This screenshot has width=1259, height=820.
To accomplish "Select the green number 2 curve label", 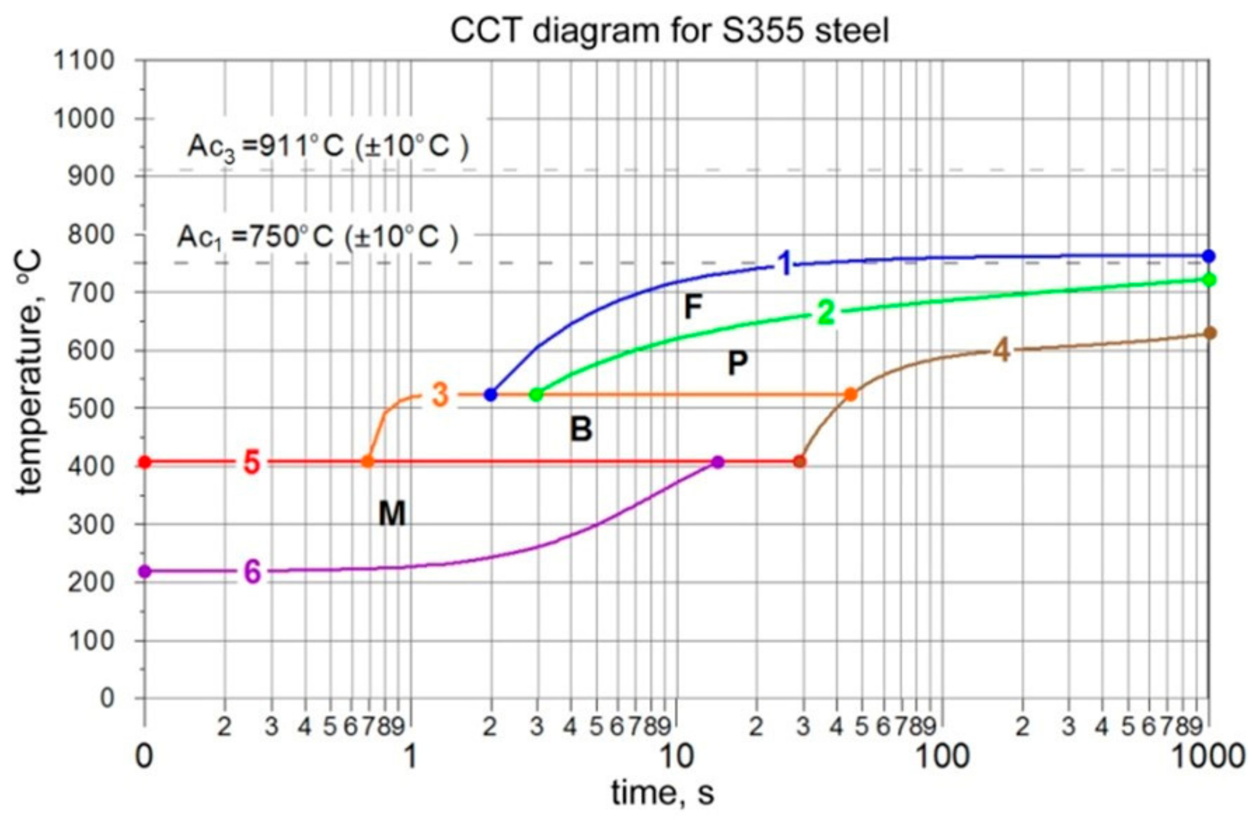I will (x=826, y=313).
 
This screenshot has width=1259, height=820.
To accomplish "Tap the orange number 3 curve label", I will (x=440, y=395).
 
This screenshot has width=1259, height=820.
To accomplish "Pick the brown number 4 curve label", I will (x=1000, y=351).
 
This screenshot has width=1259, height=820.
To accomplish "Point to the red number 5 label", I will (x=252, y=463).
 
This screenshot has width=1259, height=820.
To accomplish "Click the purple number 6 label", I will (x=252, y=572).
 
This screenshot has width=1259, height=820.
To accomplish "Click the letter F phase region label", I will (x=692, y=307).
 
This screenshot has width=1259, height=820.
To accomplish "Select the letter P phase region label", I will (x=738, y=364).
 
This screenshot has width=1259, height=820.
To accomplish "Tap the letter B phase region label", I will (x=581, y=429).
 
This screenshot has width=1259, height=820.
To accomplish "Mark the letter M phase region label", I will (x=392, y=514).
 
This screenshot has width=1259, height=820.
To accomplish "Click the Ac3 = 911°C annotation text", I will (x=328, y=148).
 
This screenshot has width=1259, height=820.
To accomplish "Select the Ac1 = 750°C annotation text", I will (x=317, y=237).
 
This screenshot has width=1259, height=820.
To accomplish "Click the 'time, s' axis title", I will (x=662, y=793).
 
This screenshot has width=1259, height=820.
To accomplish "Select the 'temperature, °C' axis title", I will (x=29, y=373).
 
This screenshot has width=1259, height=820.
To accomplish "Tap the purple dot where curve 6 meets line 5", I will (x=718, y=462).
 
